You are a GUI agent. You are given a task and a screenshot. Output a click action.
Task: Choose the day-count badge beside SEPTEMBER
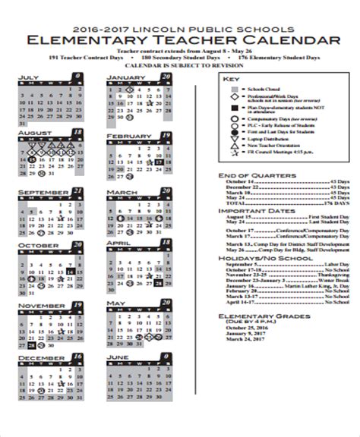tap(77, 190)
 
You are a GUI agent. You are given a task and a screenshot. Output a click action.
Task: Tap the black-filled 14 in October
tap(69, 271)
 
